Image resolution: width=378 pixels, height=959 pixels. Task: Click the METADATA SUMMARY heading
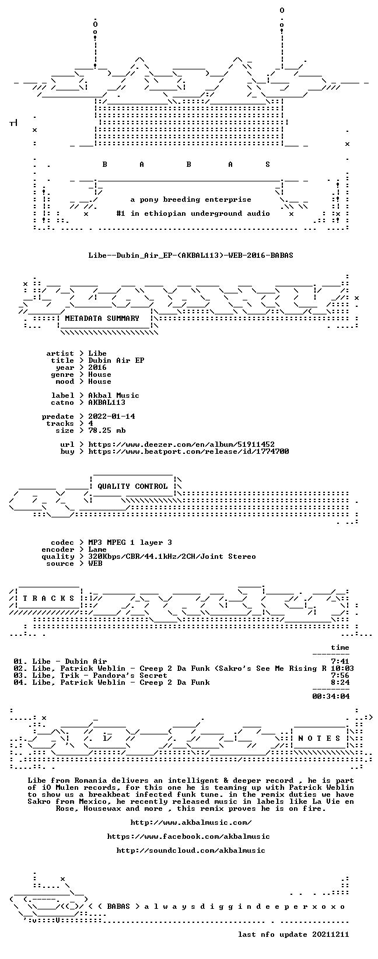click(102, 318)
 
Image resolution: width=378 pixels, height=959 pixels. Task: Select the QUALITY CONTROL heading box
click(132, 487)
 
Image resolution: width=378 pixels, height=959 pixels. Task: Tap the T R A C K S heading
click(48, 598)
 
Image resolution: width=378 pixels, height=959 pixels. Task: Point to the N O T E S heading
click(319, 738)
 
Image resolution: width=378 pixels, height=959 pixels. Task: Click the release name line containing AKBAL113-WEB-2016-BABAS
click(191, 256)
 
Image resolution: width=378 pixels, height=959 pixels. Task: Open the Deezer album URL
click(181, 444)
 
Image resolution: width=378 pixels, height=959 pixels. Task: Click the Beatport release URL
click(188, 452)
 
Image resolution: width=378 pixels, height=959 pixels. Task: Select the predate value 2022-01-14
click(111, 416)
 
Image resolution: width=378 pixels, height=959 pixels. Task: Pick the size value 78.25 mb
click(107, 430)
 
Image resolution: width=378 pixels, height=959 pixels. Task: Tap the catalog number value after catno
click(107, 402)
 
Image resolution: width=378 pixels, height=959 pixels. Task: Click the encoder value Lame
click(97, 549)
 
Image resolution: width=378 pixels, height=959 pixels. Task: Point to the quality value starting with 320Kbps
click(172, 556)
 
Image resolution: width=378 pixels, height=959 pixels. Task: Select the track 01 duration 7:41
click(340, 661)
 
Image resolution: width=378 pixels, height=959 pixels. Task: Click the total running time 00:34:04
click(331, 696)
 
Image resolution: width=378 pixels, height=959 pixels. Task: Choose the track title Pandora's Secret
click(129, 675)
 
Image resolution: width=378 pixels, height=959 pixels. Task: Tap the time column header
click(340, 647)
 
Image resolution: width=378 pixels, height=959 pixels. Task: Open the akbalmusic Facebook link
click(188, 836)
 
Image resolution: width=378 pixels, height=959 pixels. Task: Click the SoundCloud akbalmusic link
click(191, 850)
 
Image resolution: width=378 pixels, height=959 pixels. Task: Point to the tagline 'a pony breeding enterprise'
click(191, 200)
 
